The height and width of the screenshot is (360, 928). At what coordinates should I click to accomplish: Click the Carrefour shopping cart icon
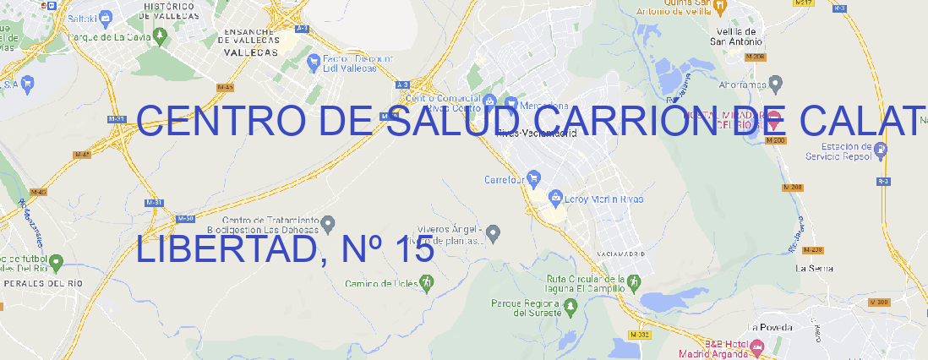point(534,178)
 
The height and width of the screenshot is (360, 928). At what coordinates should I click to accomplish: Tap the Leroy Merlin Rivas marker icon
point(555,199)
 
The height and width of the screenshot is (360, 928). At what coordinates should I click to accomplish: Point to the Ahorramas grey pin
point(777,83)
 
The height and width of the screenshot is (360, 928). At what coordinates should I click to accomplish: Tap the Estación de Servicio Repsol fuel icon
point(881,150)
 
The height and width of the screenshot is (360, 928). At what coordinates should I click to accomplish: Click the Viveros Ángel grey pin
point(494,232)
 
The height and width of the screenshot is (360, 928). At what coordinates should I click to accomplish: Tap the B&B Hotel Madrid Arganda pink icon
point(757,346)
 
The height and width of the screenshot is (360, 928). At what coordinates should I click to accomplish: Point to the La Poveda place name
point(770,327)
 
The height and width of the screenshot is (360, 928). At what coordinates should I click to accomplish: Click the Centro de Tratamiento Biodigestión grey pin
point(329,223)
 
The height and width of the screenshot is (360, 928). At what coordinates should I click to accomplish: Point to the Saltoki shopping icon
point(105,16)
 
